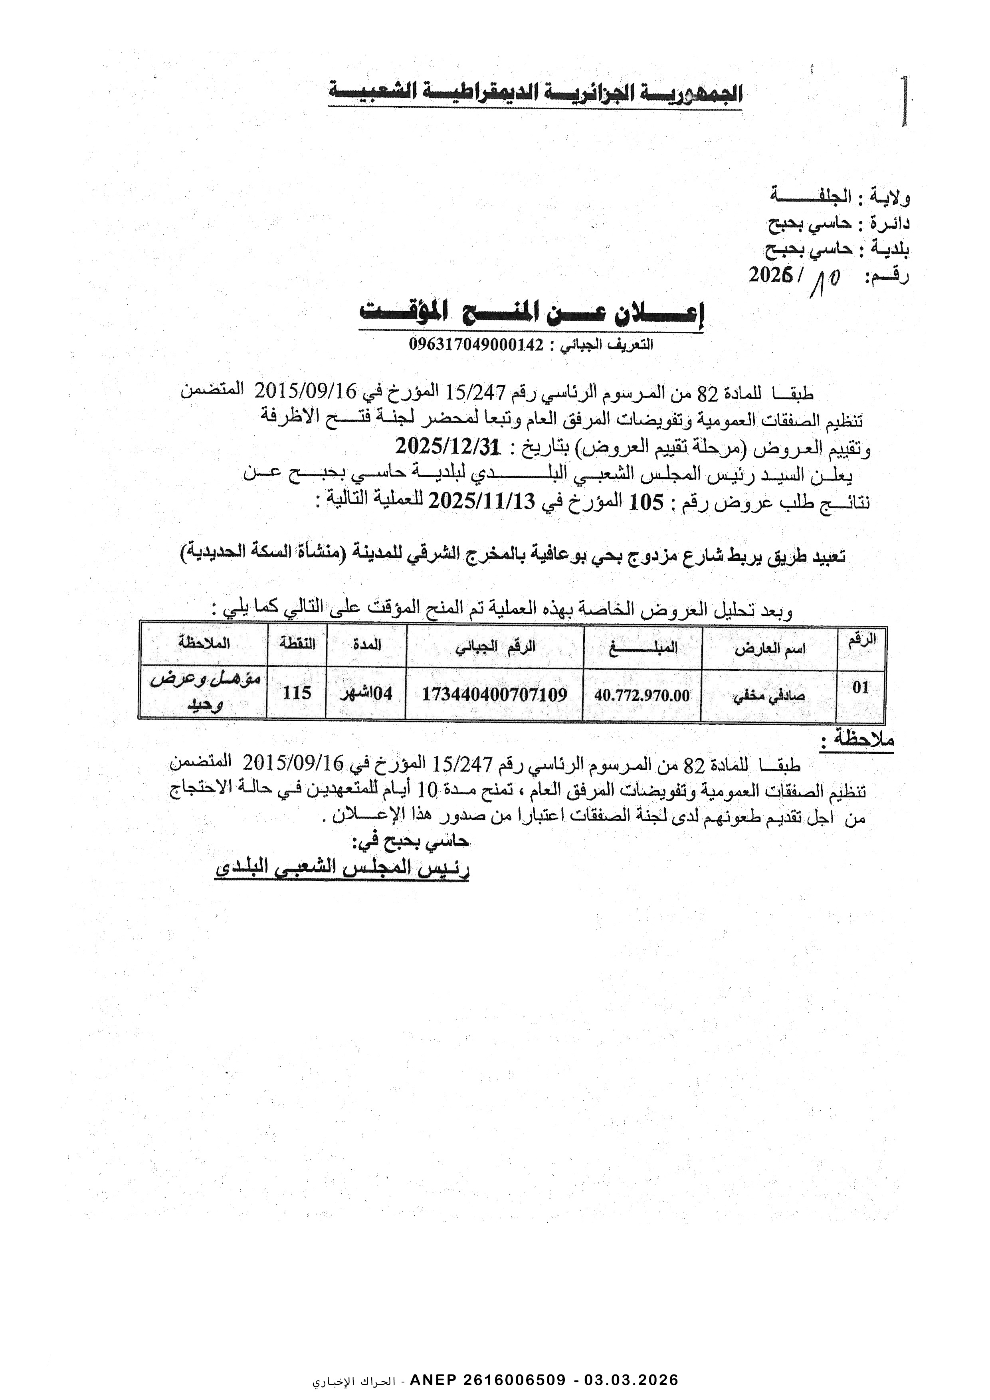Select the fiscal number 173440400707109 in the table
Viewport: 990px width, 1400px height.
click(x=494, y=694)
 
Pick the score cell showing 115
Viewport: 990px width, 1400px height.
click(x=297, y=693)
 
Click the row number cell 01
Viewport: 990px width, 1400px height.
click(x=860, y=688)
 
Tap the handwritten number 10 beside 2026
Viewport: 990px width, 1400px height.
click(x=825, y=282)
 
